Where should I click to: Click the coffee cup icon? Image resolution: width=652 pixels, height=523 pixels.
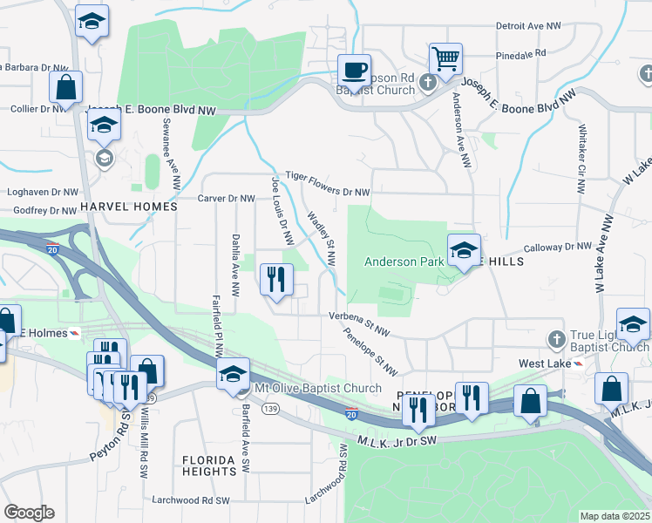coord(353,69)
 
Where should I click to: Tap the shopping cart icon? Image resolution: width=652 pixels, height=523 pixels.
coord(445,58)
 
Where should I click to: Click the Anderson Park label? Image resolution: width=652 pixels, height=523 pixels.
coord(403,261)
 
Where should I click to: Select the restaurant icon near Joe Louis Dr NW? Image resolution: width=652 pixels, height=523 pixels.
coord(276,280)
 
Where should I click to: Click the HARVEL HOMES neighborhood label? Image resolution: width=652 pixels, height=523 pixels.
coord(128,207)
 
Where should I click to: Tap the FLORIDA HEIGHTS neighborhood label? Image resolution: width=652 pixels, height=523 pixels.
coord(209,465)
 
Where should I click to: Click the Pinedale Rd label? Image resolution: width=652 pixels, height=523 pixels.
coord(520,54)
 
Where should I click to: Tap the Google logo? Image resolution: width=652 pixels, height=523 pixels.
coord(29,513)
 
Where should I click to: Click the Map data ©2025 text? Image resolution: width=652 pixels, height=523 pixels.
coord(615,516)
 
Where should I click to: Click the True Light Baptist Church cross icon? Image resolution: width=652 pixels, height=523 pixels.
coord(557,338)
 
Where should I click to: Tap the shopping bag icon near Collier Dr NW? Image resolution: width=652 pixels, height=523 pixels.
coord(65,86)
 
